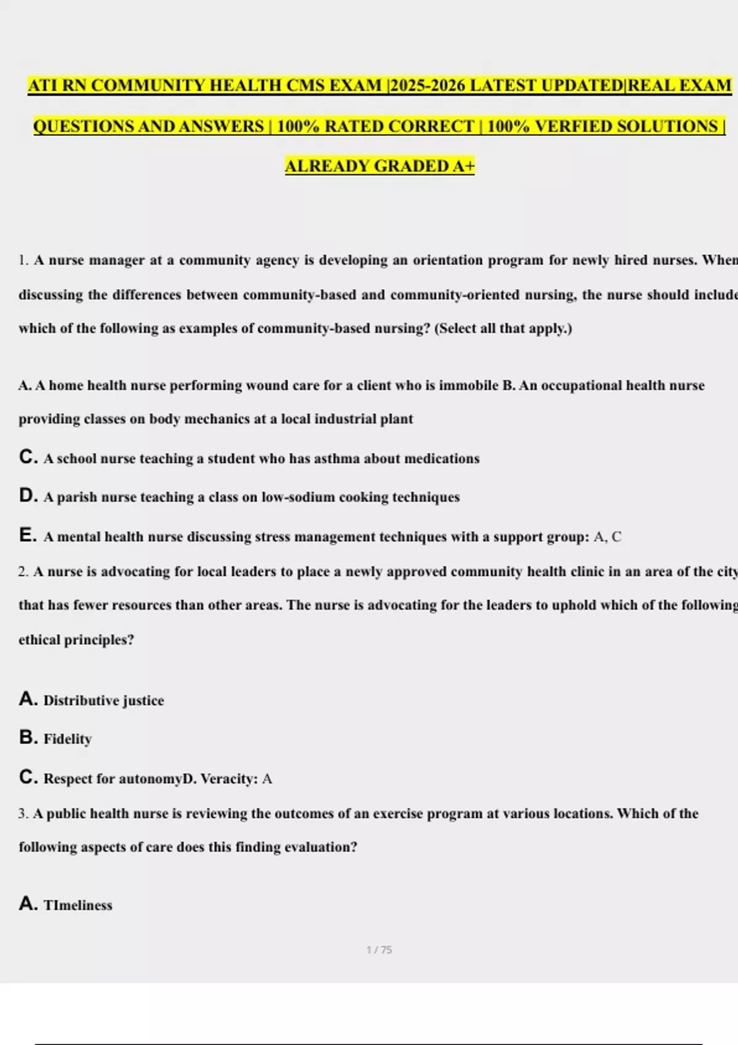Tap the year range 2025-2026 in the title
point(427,85)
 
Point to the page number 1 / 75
point(379,950)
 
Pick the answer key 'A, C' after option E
point(608,537)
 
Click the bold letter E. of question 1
point(28,536)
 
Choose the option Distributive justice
point(103,701)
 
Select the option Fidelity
point(68,739)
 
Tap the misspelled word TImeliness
point(78,905)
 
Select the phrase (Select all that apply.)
point(503,328)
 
